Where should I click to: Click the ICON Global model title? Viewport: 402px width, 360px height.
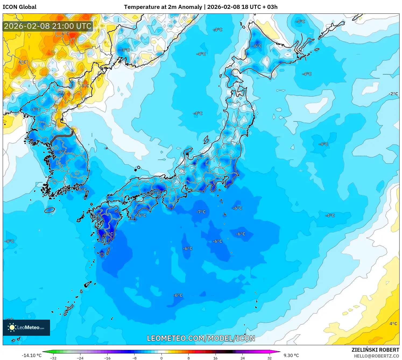19,7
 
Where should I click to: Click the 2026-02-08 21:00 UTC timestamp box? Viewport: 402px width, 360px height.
48,26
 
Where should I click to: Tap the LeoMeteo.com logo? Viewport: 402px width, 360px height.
26,327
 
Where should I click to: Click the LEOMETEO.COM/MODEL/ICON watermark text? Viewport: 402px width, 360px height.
201,338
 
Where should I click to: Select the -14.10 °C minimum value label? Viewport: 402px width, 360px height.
31,355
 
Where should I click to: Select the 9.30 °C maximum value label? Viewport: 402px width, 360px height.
291,355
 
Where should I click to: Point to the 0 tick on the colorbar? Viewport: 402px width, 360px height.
161,358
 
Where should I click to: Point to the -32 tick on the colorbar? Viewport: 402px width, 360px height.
53,358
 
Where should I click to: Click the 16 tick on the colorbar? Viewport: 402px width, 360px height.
215,358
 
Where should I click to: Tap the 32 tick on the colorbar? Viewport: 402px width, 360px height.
269,358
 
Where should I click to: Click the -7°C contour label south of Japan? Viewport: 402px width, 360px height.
201,212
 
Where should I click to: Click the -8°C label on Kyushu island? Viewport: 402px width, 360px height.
109,234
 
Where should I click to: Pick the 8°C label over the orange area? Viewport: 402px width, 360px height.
85,86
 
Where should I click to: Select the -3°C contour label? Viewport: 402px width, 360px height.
125,50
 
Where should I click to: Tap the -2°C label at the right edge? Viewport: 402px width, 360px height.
393,94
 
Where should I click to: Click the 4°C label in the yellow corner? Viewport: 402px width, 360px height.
393,323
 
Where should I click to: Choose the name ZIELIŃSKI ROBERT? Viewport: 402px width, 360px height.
375,350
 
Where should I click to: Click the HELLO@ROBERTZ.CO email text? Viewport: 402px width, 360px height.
376,356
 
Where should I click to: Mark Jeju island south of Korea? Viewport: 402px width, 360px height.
50,210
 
